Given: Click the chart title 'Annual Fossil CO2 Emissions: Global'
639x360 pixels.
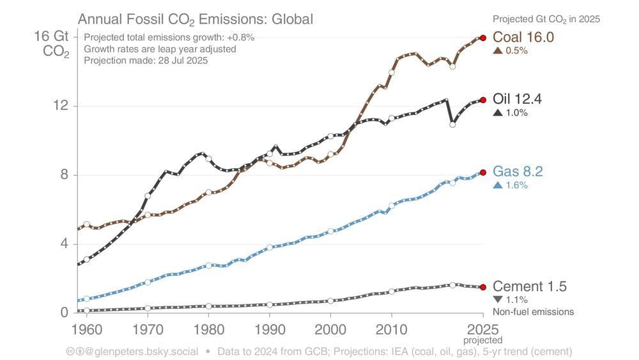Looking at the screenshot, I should pyautogui.click(x=195, y=19).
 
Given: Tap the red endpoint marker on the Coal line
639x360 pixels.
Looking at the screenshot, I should pyautogui.click(x=483, y=38).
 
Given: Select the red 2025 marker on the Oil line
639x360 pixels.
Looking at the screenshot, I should pyautogui.click(x=483, y=100).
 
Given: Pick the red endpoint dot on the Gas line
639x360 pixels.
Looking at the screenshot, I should pyautogui.click(x=483, y=172).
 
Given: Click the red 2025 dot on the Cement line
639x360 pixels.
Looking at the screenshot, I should pyautogui.click(x=483, y=287).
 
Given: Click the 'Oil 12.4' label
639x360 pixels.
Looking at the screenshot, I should pyautogui.click(x=517, y=99).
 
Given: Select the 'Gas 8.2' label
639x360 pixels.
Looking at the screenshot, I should pyautogui.click(x=518, y=171).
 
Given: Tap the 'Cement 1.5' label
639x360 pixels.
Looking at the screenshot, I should pyautogui.click(x=529, y=286).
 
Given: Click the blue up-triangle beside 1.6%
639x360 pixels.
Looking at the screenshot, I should pyautogui.click(x=497, y=185).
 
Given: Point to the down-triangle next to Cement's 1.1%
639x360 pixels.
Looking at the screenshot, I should pyautogui.click(x=497, y=299).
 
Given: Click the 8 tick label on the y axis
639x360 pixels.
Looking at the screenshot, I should pyautogui.click(x=64, y=175).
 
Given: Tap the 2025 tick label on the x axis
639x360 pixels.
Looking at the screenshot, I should pyautogui.click(x=482, y=329).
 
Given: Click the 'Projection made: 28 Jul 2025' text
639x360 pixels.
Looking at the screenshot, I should pyautogui.click(x=146, y=61).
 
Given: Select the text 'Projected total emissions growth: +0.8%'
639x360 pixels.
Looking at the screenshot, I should pyautogui.click(x=169, y=37).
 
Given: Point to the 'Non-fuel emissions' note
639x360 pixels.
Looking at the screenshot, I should pyautogui.click(x=533, y=312).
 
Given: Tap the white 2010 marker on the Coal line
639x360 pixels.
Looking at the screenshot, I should pyautogui.click(x=392, y=72).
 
